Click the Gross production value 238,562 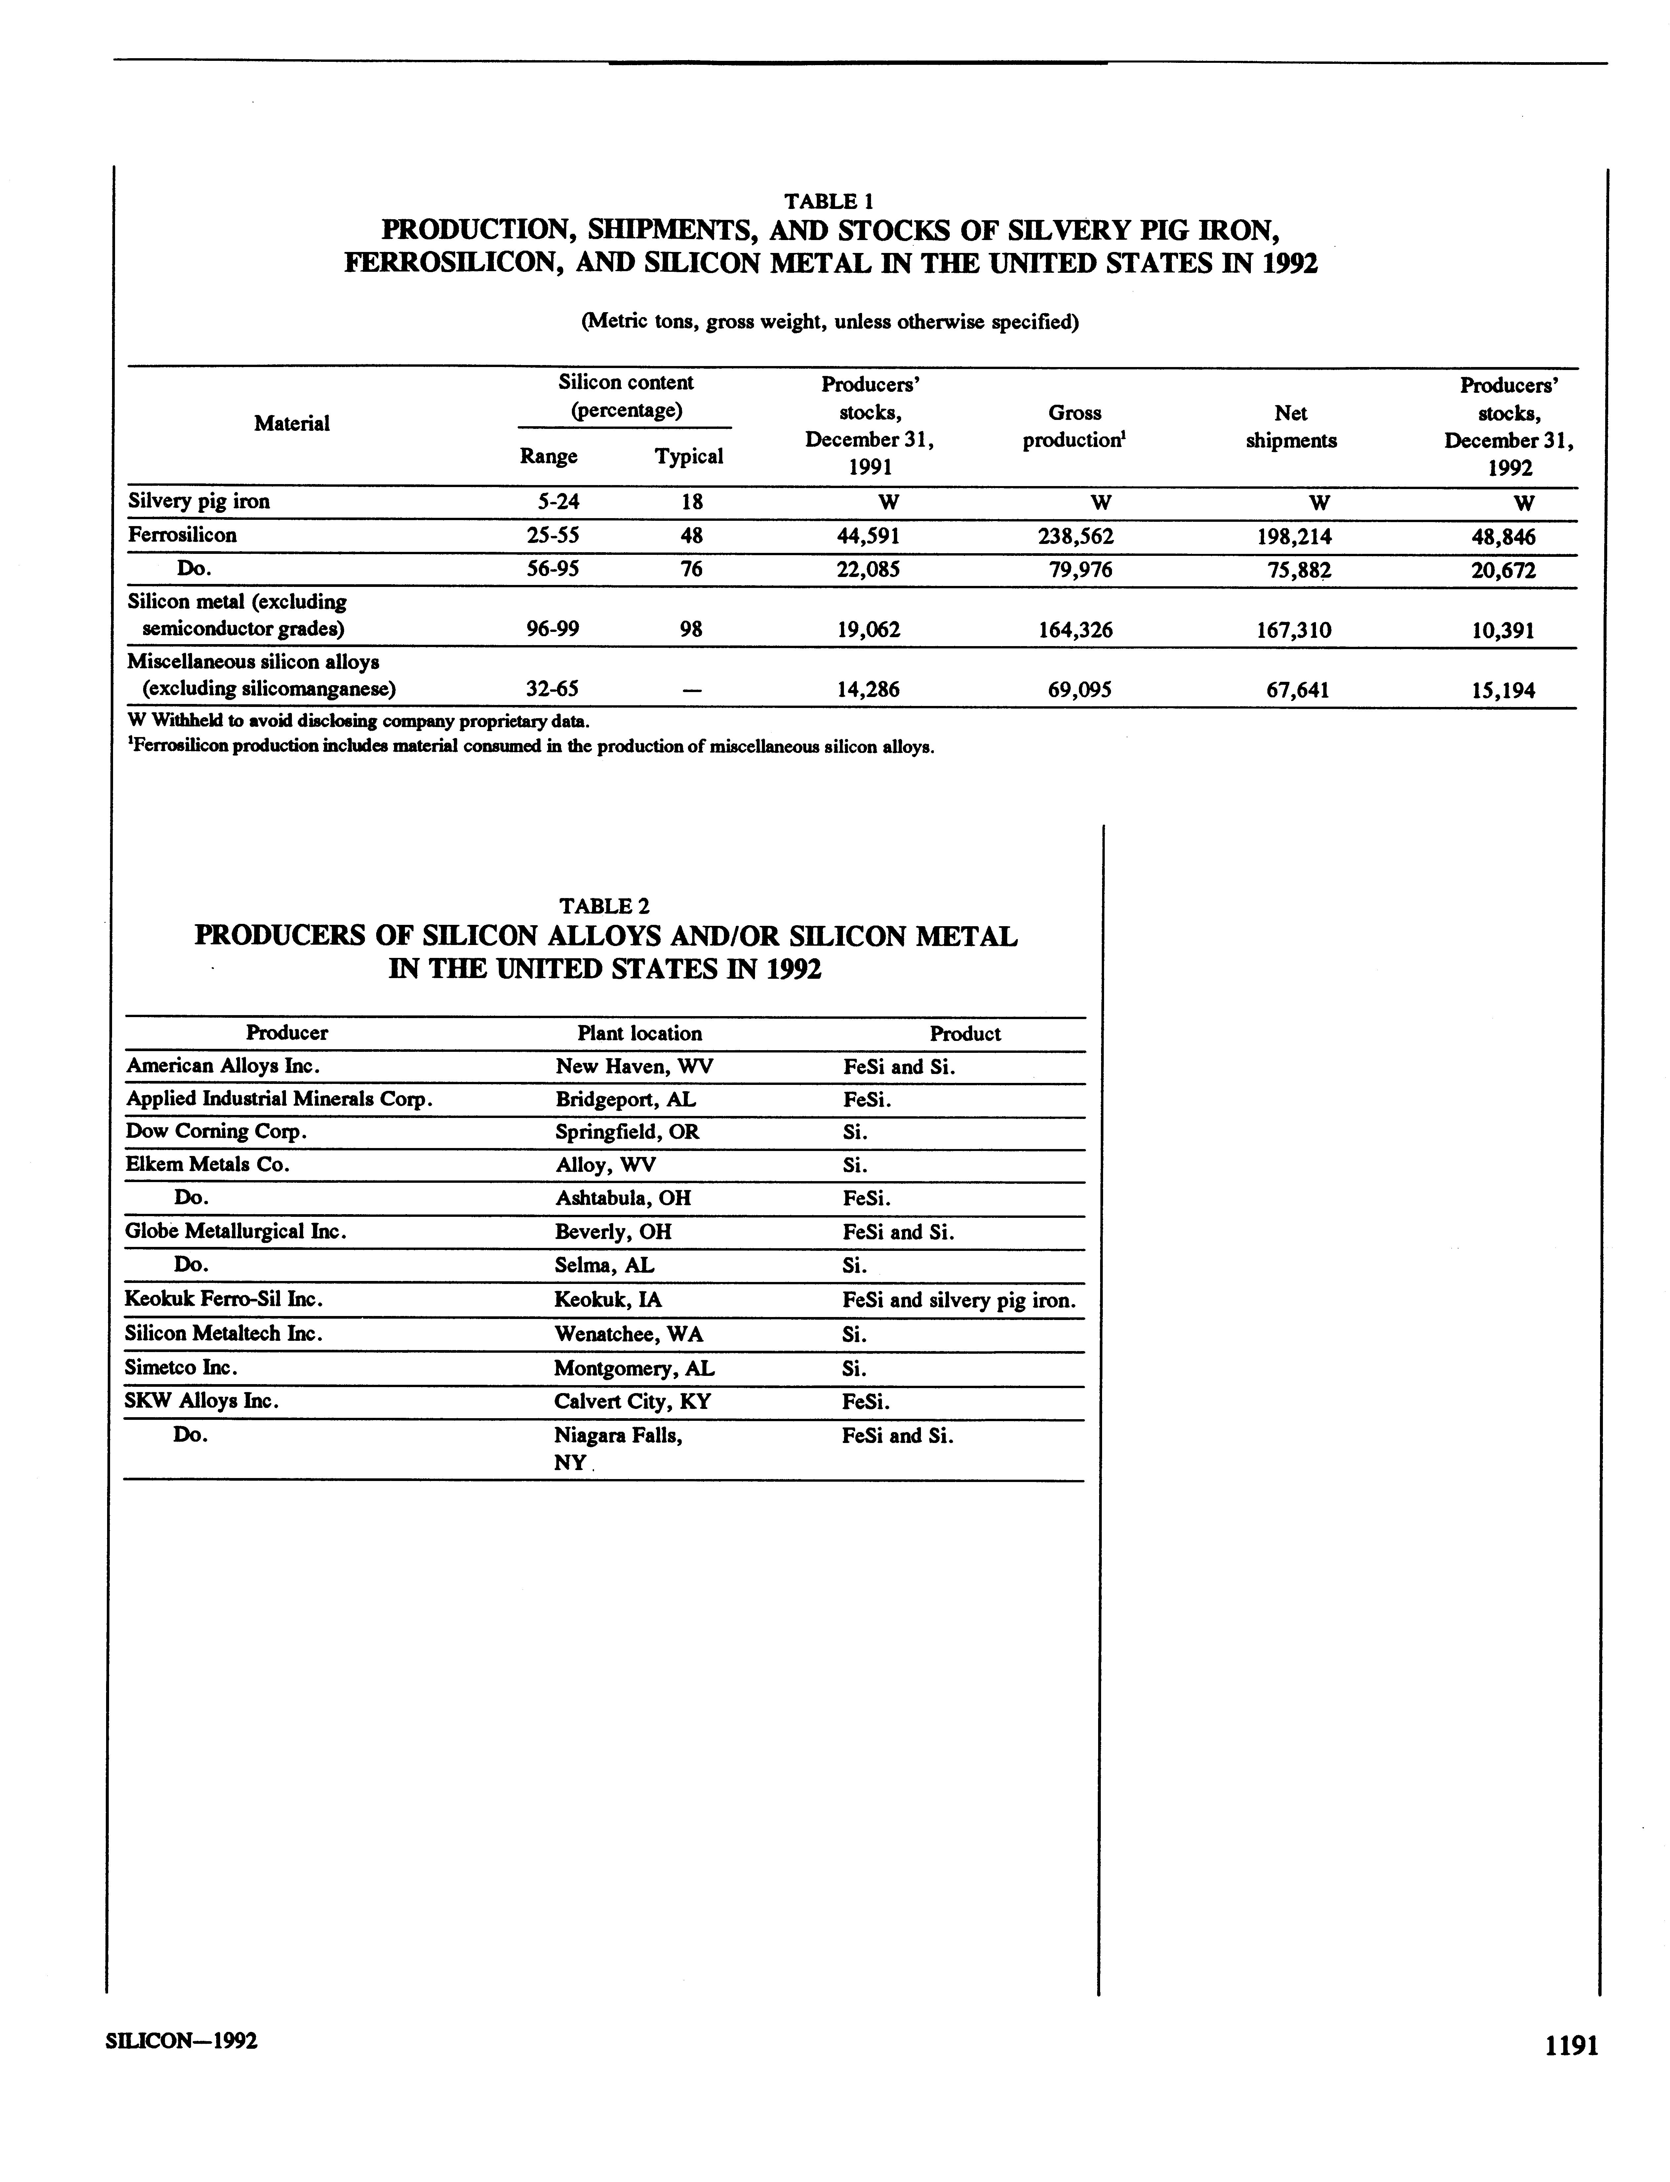(x=1075, y=537)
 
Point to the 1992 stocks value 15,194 (x=1503, y=690)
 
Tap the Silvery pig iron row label (x=199, y=501)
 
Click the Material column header (x=291, y=424)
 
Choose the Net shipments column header (x=1290, y=427)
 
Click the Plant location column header (x=639, y=1033)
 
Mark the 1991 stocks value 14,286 (x=869, y=690)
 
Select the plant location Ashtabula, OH (x=622, y=1198)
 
